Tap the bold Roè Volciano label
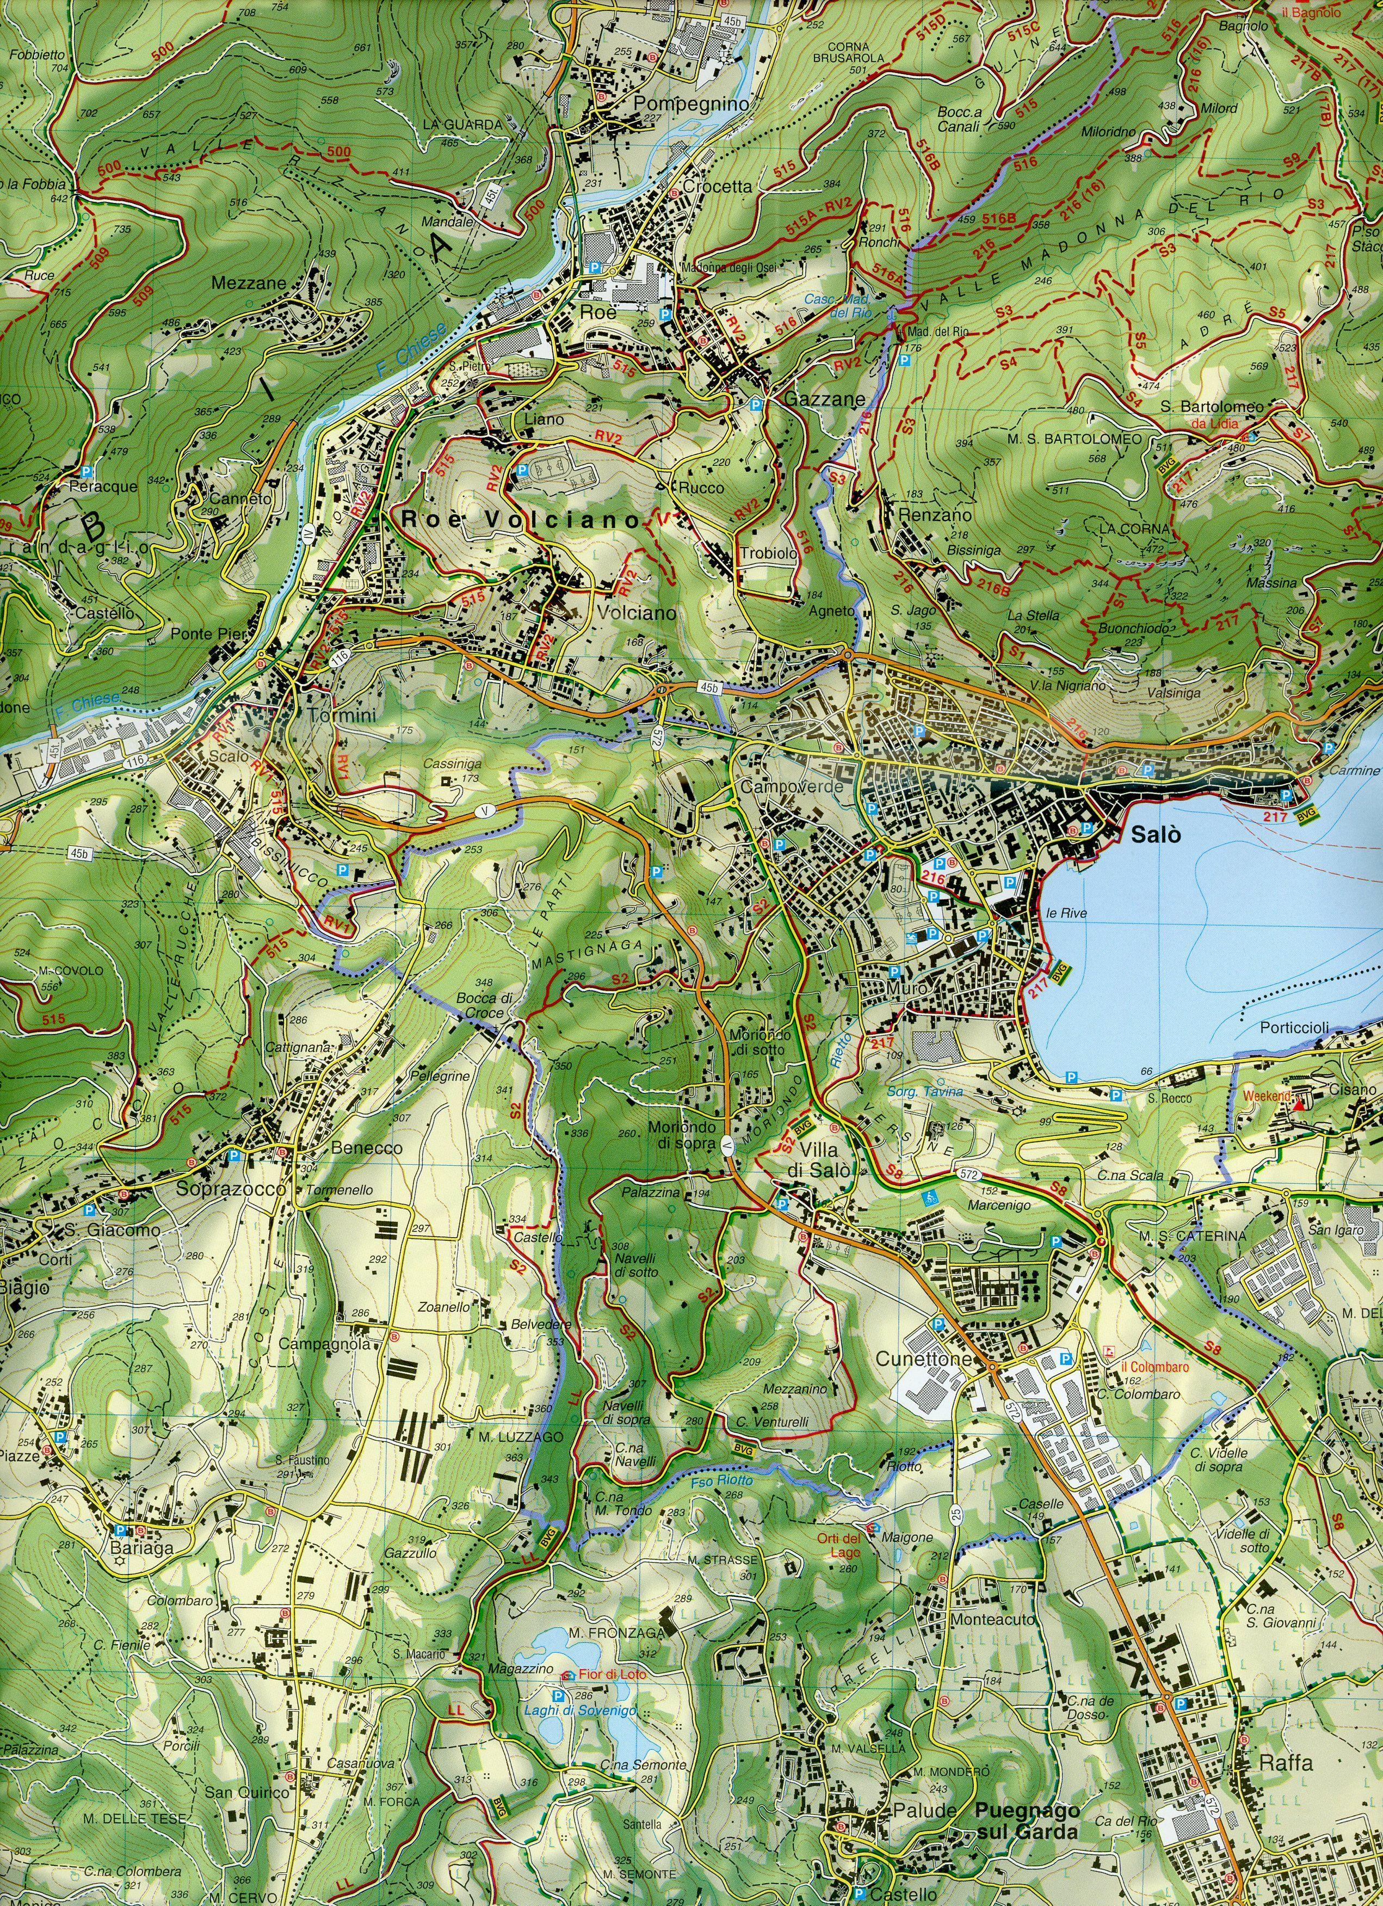point(521,520)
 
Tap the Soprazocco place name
point(231,1190)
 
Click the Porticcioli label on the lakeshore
point(1294,1028)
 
